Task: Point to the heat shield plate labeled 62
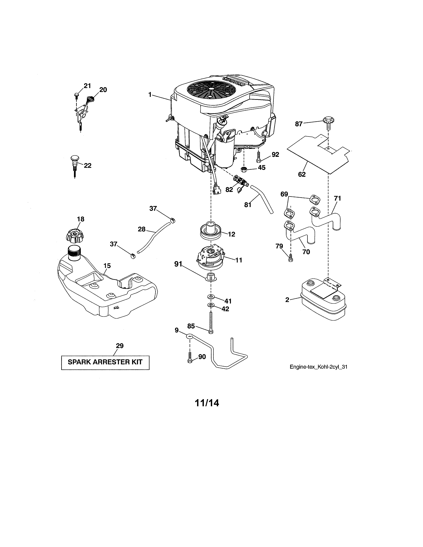click(318, 153)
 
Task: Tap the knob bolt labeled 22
click(75, 163)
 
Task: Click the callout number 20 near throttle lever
click(103, 90)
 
